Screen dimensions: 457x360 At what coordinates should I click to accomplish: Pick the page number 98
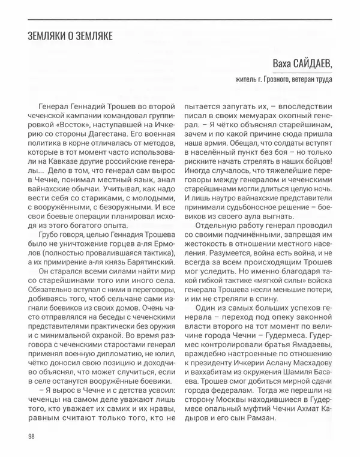coord(31,436)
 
